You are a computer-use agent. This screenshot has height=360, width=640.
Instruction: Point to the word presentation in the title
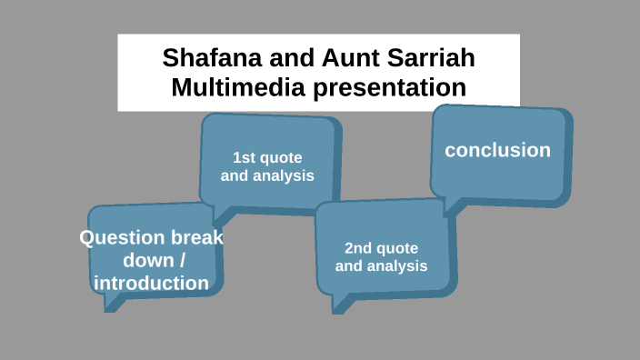point(386,89)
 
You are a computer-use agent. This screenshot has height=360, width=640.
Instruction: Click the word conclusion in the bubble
point(497,150)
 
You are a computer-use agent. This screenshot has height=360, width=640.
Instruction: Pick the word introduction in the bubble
point(151,283)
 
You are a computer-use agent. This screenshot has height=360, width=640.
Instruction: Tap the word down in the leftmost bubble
point(147,261)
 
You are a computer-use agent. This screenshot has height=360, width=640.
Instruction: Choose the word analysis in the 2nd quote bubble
point(396,266)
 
